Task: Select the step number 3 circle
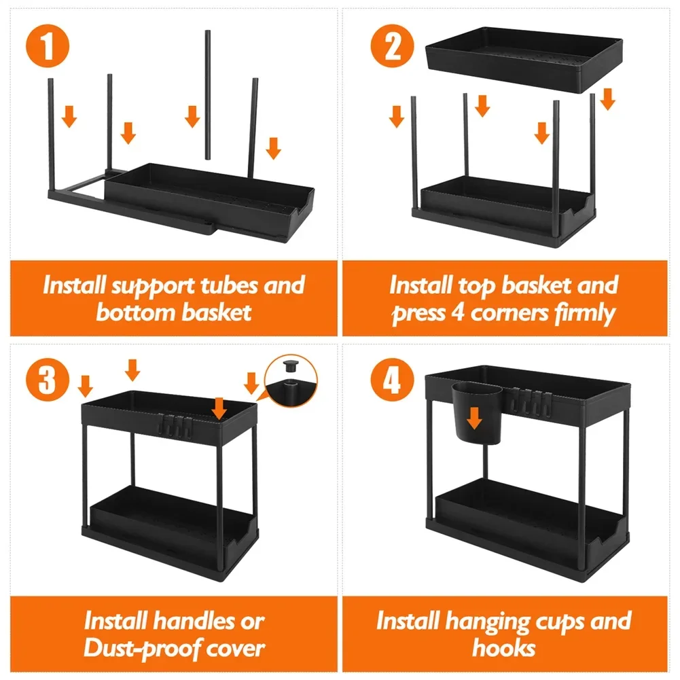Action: [47, 379]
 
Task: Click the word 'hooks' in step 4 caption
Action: [503, 648]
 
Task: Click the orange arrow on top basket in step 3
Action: [219, 408]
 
